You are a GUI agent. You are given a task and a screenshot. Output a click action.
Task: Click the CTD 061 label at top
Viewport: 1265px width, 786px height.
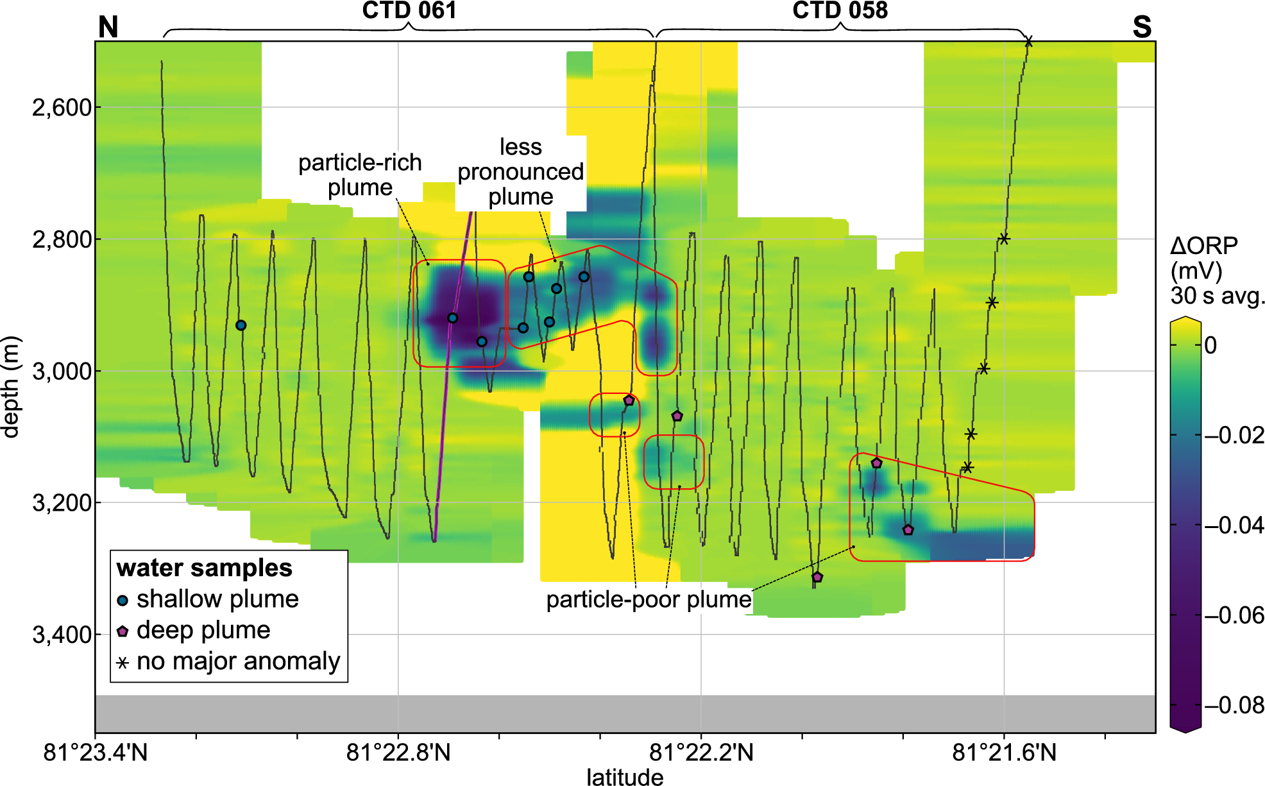pyautogui.click(x=409, y=10)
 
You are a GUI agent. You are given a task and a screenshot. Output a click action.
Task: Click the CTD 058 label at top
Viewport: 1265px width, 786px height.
pyautogui.click(x=840, y=10)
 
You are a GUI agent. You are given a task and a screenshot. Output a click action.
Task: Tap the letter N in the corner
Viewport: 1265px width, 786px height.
pyautogui.click(x=108, y=27)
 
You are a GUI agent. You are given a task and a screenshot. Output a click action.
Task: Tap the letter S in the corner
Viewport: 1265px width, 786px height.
pyautogui.click(x=1142, y=27)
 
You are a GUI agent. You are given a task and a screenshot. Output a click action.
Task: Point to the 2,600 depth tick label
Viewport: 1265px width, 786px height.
pyautogui.click(x=62, y=107)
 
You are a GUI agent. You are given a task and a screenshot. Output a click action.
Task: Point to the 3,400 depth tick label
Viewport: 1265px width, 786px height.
pyautogui.click(x=62, y=635)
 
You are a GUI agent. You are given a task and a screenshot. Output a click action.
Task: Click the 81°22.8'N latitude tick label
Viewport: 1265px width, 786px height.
pyautogui.click(x=398, y=752)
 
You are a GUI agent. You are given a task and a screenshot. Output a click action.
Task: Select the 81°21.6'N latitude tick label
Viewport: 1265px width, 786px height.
pyautogui.click(x=1004, y=752)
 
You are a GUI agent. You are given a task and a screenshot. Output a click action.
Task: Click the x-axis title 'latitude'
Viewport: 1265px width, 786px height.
pyautogui.click(x=625, y=777)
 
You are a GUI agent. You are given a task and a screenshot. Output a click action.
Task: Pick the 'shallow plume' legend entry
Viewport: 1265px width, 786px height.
pyautogui.click(x=217, y=599)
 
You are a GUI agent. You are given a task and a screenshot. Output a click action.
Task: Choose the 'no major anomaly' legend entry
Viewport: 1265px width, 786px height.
pyautogui.click(x=238, y=661)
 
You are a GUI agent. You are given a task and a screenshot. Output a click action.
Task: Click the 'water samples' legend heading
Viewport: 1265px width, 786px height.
pyautogui.click(x=204, y=568)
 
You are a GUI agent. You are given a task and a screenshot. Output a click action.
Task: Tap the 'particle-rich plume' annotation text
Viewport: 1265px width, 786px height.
pyautogui.click(x=360, y=175)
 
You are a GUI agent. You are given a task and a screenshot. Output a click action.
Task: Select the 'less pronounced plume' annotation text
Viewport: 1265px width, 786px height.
pyautogui.click(x=520, y=171)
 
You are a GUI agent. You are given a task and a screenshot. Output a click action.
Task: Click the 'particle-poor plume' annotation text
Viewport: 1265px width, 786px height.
pyautogui.click(x=649, y=599)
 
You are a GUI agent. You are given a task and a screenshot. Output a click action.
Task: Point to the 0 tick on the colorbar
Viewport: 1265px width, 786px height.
pyautogui.click(x=1210, y=345)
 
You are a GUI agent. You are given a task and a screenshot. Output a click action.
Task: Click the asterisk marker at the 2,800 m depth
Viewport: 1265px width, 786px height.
pyautogui.click(x=1004, y=239)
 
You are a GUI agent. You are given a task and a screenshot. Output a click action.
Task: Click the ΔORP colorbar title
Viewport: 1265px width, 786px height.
pyautogui.click(x=1204, y=270)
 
